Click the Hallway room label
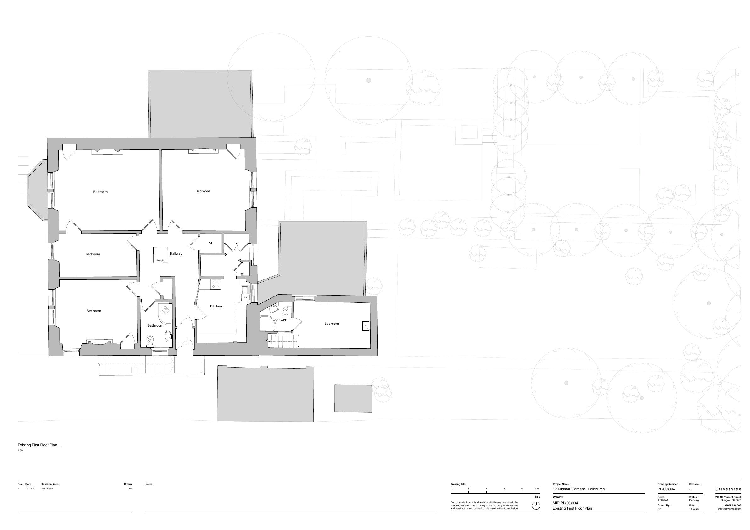pyautogui.click(x=176, y=253)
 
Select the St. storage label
pyautogui.click(x=211, y=243)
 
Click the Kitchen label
pyautogui.click(x=216, y=306)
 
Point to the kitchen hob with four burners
pyautogui.click(x=215, y=284)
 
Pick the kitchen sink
pyautogui.click(x=245, y=293)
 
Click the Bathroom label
pyautogui.click(x=155, y=325)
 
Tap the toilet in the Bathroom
pyautogui.click(x=150, y=341)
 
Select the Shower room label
pyautogui.click(x=280, y=320)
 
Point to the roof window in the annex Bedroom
pyautogui.click(x=366, y=326)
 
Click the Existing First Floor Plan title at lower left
pyautogui.click(x=37, y=445)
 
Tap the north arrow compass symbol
pyautogui.click(x=536, y=506)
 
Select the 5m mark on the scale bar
pyautogui.click(x=537, y=489)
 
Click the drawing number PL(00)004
pyautogui.click(x=666, y=489)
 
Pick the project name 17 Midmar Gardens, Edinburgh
pyautogui.click(x=579, y=489)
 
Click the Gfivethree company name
pyautogui.click(x=728, y=489)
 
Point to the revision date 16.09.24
pyautogui.click(x=31, y=488)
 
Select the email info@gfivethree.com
pyautogui.click(x=730, y=509)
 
